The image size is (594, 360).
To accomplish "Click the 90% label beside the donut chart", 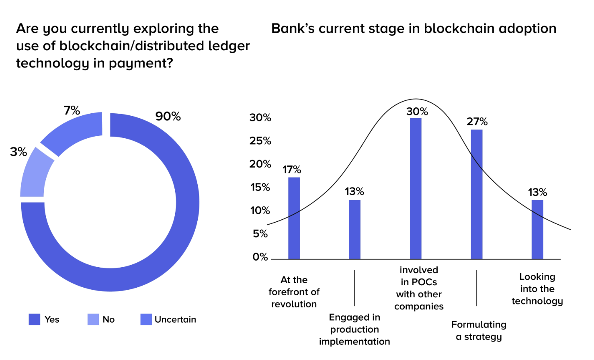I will [168, 117].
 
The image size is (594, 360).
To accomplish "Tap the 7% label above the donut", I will [72, 110].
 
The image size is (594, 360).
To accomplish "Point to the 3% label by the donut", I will [18, 152].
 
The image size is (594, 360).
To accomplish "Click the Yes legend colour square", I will [35, 319].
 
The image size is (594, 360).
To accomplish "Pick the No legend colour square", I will [93, 319].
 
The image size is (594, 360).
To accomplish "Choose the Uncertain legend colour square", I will [146, 319].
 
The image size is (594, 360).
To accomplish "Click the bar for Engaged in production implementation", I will [354, 229].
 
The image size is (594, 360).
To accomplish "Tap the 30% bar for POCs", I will [416, 188].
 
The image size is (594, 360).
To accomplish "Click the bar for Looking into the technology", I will [537, 229].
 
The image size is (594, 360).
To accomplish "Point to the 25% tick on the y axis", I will [260, 141].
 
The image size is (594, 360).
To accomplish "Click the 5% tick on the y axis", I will [260, 234].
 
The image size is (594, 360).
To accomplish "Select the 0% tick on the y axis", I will [260, 257].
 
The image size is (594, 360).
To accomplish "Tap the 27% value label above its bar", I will [477, 121].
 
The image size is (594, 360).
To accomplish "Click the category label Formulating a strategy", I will [479, 330].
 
